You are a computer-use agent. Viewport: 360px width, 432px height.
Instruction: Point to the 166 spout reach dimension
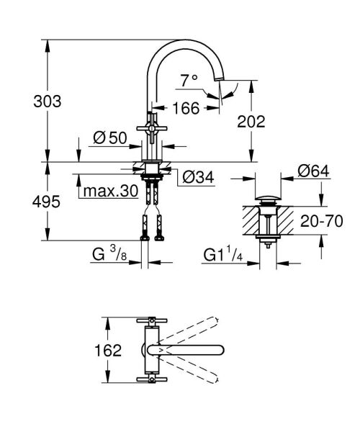186,109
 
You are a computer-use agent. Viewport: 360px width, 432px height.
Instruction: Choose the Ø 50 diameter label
109,138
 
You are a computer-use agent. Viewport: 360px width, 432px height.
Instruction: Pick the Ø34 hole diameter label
198,176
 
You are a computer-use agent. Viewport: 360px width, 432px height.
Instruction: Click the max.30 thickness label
108,192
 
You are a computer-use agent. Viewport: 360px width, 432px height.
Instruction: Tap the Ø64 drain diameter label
314,171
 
